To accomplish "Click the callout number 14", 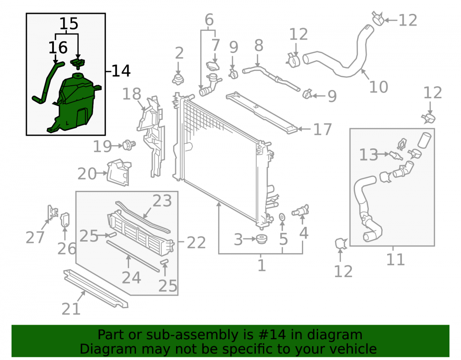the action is [121, 71].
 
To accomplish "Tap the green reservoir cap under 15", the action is [78, 64].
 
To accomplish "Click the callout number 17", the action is [323, 130].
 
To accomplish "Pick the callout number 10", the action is [378, 87].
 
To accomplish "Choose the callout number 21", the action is [71, 309].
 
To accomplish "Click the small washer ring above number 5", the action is [282, 217].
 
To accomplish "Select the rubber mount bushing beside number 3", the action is [261, 239].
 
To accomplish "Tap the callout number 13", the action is [368, 154].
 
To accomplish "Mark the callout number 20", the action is [87, 174].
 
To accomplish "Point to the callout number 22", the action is [196, 243].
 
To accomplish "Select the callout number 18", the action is [131, 94].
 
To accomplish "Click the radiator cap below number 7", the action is [213, 66].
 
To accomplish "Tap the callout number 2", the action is [179, 53].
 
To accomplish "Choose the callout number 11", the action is [396, 260].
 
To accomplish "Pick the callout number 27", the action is [35, 237].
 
